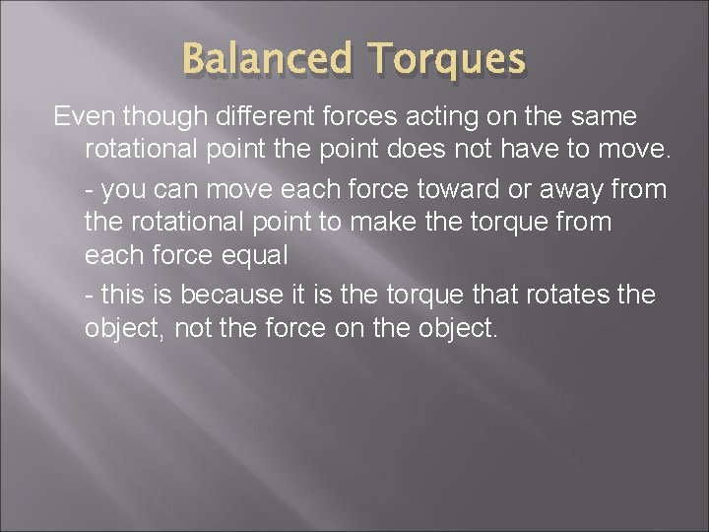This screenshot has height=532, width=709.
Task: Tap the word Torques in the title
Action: pyautogui.click(x=447, y=59)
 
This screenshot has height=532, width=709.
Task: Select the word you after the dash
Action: pyautogui.click(x=126, y=187)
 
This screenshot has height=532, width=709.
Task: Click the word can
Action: pyautogui.click(x=182, y=187)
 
